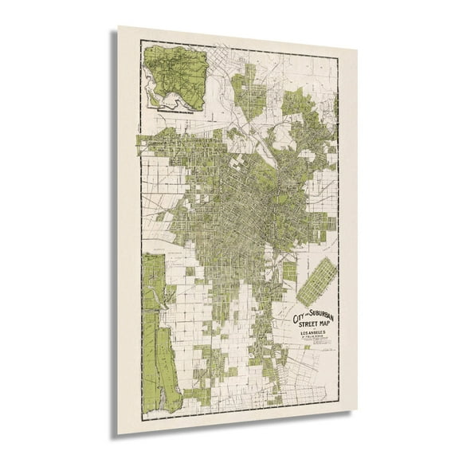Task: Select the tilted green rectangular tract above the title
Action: (316, 280)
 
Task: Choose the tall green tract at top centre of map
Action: (249, 92)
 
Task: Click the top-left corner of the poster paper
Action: (118, 26)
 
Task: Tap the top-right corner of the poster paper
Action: (357, 49)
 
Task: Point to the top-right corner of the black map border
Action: (339, 58)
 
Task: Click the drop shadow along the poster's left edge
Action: (114, 239)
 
